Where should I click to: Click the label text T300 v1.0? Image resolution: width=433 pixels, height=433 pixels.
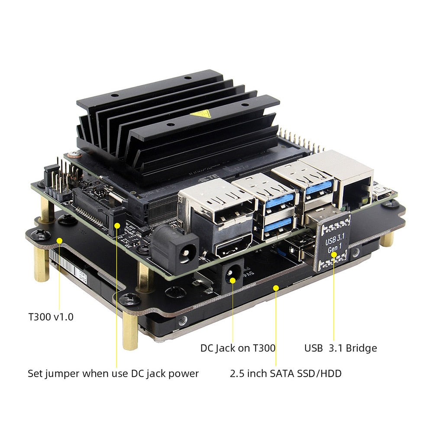[51, 317]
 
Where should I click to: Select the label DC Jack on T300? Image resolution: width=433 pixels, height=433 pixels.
[238, 348]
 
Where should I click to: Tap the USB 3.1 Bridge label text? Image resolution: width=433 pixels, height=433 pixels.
[340, 348]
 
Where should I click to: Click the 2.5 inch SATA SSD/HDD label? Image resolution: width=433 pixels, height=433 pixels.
[285, 373]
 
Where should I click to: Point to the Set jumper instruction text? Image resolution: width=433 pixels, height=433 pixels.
[113, 373]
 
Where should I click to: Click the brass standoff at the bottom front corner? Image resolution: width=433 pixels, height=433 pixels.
[130, 331]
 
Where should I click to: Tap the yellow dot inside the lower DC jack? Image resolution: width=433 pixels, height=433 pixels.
[233, 281]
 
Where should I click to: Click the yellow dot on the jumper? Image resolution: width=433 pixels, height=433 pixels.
[117, 225]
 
